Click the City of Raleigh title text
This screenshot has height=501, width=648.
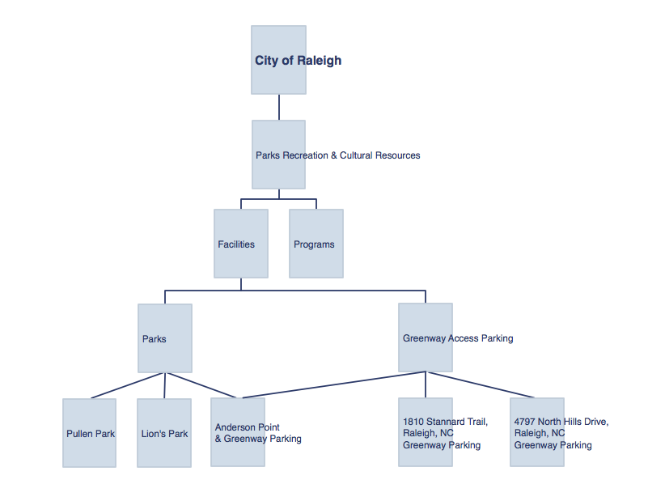click(x=298, y=61)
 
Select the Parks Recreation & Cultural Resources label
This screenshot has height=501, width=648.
click(x=337, y=155)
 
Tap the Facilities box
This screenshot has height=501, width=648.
click(x=241, y=244)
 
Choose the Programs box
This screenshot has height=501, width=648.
click(x=316, y=244)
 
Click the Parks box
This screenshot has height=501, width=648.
click(x=165, y=338)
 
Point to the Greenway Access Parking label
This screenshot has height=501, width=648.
click(x=458, y=338)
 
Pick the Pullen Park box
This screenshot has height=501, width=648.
click(x=89, y=433)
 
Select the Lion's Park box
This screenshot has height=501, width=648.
click(x=164, y=433)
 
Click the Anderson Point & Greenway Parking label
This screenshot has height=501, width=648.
click(x=258, y=433)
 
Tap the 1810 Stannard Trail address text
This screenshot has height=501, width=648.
click(x=445, y=433)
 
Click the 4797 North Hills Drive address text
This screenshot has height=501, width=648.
click(x=561, y=433)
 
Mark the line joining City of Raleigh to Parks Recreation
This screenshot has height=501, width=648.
click(x=279, y=107)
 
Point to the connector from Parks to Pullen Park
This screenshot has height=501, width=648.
click(x=126, y=386)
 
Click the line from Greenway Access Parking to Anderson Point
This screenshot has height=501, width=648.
click(x=333, y=384)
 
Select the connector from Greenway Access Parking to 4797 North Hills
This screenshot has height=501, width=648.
click(x=481, y=384)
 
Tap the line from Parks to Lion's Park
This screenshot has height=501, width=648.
click(x=164, y=386)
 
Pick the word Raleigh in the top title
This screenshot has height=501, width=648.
click(x=319, y=61)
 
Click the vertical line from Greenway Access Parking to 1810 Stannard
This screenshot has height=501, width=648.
click(x=426, y=384)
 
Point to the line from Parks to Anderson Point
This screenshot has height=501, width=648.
click(x=201, y=385)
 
